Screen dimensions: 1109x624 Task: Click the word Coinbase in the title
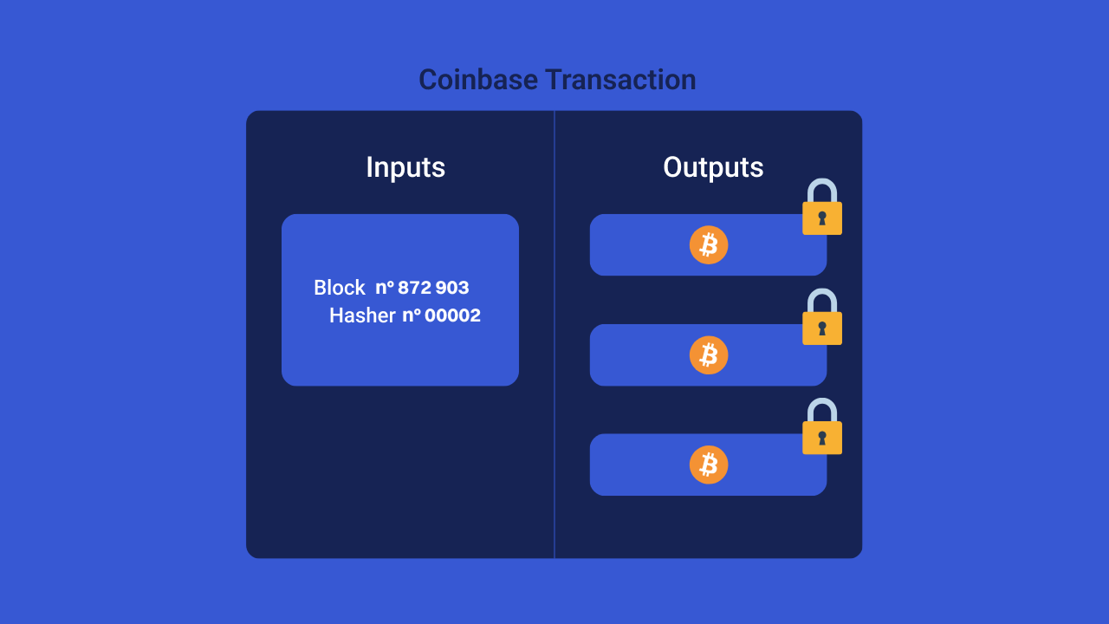pos(478,80)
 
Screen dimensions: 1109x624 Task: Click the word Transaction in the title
pos(620,80)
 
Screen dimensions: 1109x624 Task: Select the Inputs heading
pos(405,167)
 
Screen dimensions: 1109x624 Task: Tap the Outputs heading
pos(713,167)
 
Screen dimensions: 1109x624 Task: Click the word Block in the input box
pos(340,288)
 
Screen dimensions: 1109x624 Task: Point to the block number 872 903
pos(433,288)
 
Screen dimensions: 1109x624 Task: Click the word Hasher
pos(362,315)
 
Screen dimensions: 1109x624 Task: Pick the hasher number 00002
pos(452,315)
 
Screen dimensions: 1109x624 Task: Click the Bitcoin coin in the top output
pos(709,245)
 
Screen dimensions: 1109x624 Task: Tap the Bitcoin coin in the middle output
pos(709,355)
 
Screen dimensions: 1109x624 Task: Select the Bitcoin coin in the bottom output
pos(709,465)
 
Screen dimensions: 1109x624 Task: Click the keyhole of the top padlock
pos(822,218)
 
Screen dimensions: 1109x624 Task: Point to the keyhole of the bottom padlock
pos(822,438)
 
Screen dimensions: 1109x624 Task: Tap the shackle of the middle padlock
pos(822,299)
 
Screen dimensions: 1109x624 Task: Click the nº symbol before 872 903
pos(385,288)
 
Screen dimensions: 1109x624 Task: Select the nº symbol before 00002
pos(412,315)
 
